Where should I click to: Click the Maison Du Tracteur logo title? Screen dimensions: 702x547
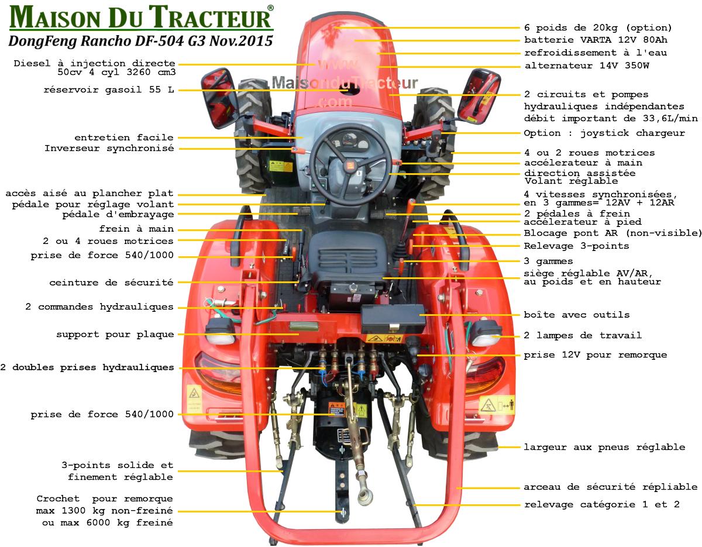coord(142,17)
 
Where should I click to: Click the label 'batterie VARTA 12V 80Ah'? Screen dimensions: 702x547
coord(596,40)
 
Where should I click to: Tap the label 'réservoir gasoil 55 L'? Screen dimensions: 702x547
coord(109,90)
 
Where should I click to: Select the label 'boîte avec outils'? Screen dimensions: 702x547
coord(577,315)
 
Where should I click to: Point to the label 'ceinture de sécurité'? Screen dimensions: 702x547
coord(112,283)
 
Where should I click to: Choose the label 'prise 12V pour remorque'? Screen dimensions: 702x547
coord(596,355)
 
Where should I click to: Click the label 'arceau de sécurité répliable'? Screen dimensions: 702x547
coord(611,487)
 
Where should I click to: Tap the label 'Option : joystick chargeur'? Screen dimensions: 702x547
coord(604,133)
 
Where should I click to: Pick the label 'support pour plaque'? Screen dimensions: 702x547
coord(115,334)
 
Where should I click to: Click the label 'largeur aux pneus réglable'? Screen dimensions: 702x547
coord(604,447)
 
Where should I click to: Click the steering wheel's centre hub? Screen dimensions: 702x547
coord(350,166)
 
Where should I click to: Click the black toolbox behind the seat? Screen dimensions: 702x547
coord(393,318)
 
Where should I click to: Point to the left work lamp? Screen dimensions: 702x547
coord(221,332)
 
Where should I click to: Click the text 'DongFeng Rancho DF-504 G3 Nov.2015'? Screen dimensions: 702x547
coord(141,41)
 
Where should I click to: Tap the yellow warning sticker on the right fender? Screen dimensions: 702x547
coord(497,404)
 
